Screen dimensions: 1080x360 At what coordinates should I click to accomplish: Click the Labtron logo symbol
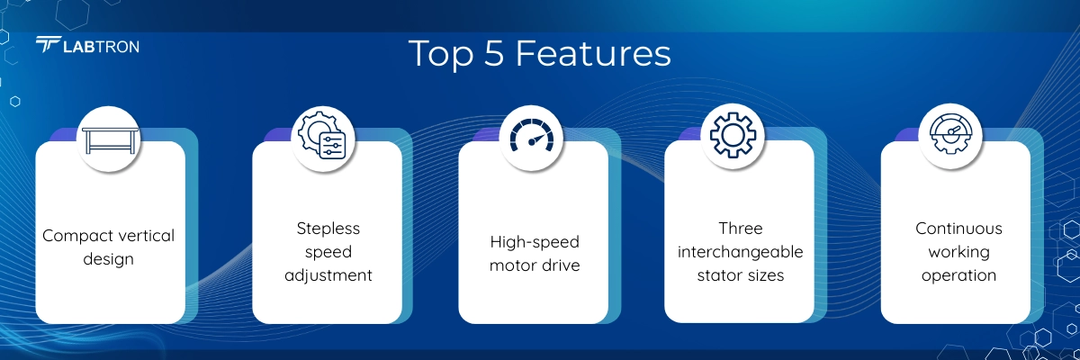(x=49, y=44)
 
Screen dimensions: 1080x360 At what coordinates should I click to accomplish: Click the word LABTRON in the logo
(x=101, y=47)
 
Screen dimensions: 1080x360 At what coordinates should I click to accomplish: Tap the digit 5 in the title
(x=494, y=53)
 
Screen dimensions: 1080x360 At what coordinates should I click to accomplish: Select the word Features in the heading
(x=593, y=53)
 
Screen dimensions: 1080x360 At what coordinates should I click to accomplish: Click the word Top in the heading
(x=441, y=54)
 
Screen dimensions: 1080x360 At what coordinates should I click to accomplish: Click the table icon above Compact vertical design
(x=110, y=140)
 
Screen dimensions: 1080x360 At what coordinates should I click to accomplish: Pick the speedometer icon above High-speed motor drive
(x=532, y=135)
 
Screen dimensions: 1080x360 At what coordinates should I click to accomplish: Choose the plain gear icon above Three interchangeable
(x=733, y=135)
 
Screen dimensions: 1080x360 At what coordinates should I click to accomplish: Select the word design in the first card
(x=109, y=259)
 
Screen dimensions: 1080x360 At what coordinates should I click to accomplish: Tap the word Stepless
(x=328, y=229)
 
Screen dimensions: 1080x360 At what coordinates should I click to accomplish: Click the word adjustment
(x=328, y=275)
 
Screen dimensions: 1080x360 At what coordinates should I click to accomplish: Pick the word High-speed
(x=535, y=242)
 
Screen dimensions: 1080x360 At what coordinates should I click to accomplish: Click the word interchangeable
(x=740, y=252)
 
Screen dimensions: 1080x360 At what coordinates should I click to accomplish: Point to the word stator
(x=719, y=275)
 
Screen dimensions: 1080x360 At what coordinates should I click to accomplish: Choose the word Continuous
(x=958, y=229)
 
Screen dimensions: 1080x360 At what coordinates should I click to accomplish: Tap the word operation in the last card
(x=958, y=275)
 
